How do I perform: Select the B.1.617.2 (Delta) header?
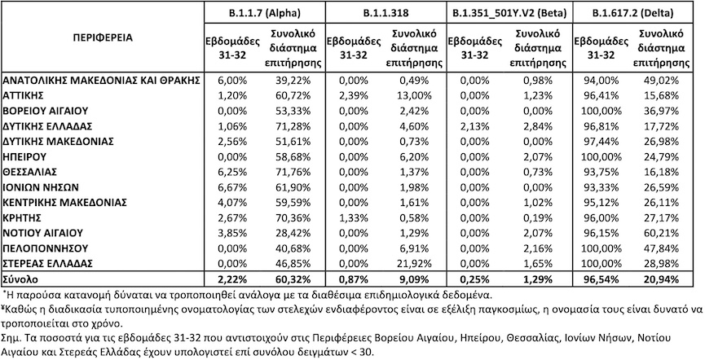point(632,13)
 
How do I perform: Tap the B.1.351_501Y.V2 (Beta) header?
point(509,13)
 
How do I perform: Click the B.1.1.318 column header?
point(386,13)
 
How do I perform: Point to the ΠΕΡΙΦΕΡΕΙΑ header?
point(103,37)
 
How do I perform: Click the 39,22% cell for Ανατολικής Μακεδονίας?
point(293,81)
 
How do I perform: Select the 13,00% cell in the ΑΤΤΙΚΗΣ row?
point(416,96)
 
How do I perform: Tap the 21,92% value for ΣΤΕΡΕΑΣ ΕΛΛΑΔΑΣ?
point(416,264)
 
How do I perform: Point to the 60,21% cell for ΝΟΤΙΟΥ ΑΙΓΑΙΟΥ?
point(662,233)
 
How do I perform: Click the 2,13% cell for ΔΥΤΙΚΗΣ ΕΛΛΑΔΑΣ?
point(476,126)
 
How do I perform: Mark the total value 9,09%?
point(416,279)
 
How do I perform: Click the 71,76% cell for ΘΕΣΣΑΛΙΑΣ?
point(293,172)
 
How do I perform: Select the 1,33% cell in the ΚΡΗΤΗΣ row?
point(354,218)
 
